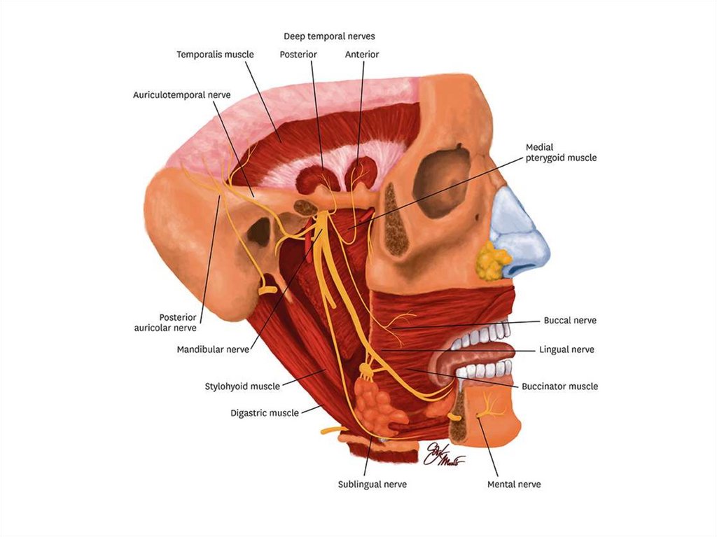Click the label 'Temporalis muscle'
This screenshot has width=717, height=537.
(215, 54)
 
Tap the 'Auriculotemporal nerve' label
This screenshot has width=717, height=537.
(182, 95)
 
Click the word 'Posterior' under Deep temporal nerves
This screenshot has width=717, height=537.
(298, 54)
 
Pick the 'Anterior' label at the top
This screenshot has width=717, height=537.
(362, 54)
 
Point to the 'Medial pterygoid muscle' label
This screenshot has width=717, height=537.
(561, 153)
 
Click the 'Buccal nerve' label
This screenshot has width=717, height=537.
(570, 321)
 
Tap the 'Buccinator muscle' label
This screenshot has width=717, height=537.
(559, 386)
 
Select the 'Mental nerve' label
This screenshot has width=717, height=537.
(514, 484)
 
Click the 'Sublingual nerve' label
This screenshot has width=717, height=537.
(372, 484)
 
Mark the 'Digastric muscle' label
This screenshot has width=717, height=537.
(265, 413)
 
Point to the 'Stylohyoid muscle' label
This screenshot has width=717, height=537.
(242, 386)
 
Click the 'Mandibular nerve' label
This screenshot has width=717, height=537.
(213, 349)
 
